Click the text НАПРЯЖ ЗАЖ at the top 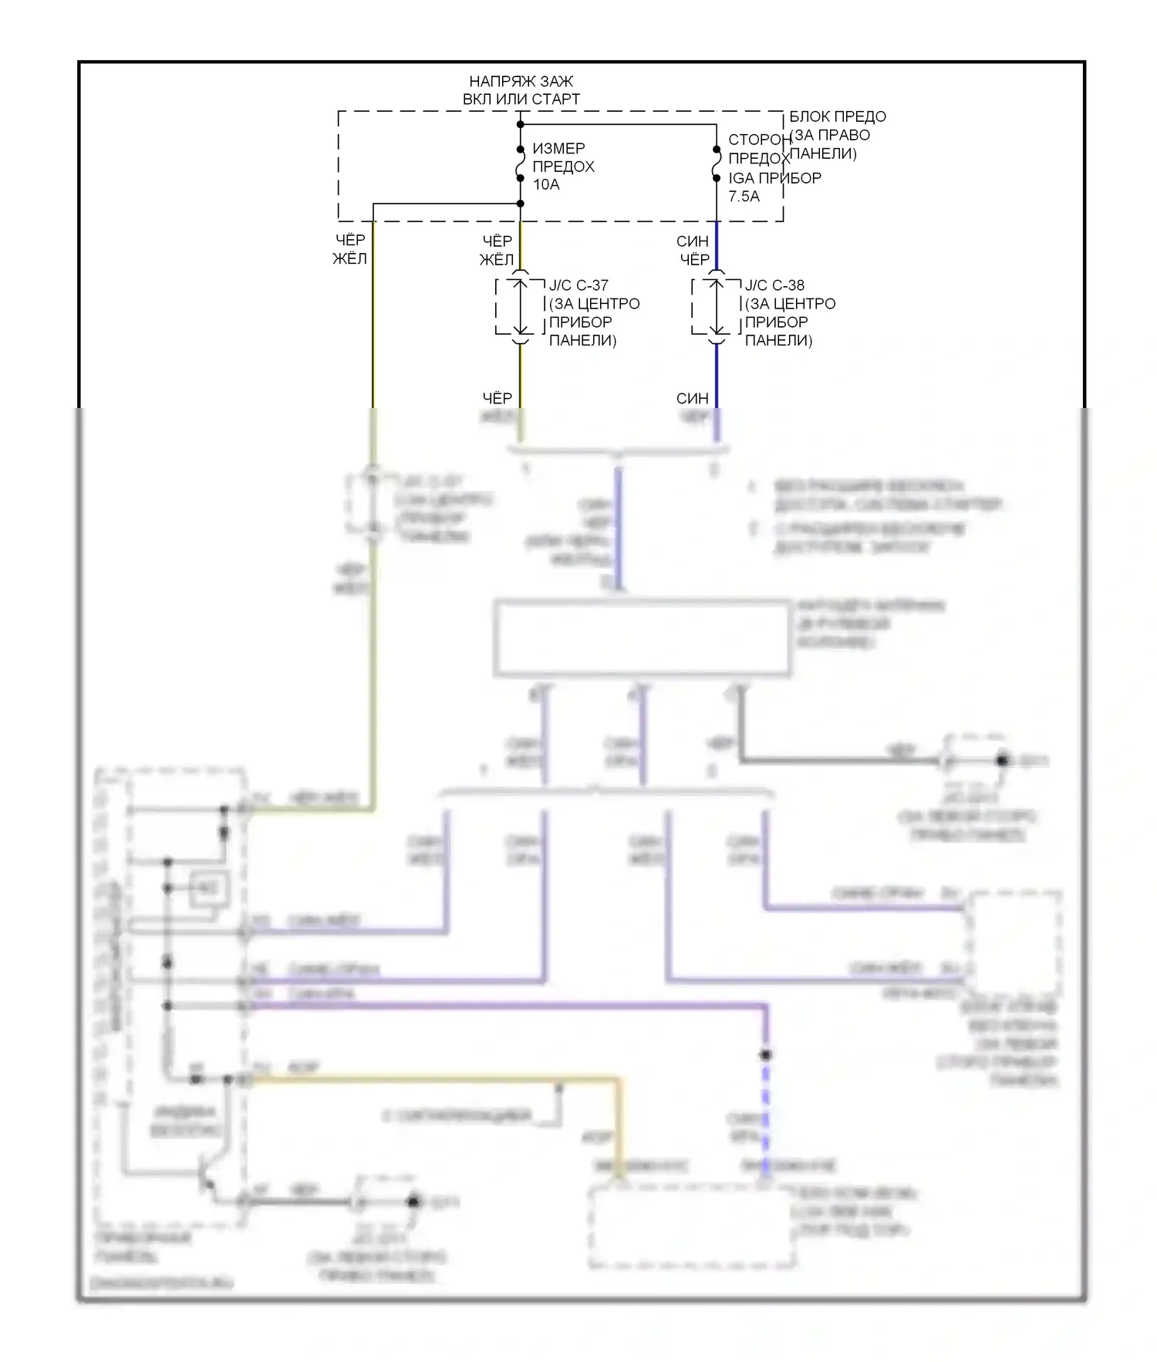click(x=521, y=81)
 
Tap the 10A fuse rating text click(x=546, y=184)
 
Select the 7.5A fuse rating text click(x=744, y=196)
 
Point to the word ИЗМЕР click(x=558, y=148)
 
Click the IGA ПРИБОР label click(x=774, y=177)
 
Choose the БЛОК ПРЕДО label click(x=837, y=116)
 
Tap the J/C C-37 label click(x=578, y=285)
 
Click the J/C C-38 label click(x=774, y=285)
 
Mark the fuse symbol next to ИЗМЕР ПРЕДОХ click(x=521, y=163)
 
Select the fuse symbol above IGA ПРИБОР click(x=717, y=164)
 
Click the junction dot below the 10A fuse click(x=521, y=204)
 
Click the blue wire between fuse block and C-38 click(x=717, y=245)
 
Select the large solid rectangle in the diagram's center click(x=642, y=639)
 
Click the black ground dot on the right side click(x=1002, y=760)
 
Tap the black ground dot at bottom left click(x=413, y=1201)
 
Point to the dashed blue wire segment click(x=765, y=1111)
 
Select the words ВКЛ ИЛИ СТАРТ click(x=521, y=99)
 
